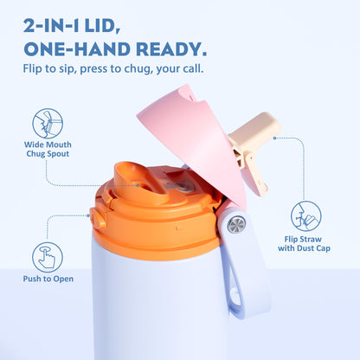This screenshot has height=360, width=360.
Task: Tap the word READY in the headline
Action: pyautogui.click(x=171, y=49)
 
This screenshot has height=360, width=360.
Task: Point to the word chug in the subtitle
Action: pyautogui.click(x=138, y=69)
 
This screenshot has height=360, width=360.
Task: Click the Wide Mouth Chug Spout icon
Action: pyautogui.click(x=48, y=124)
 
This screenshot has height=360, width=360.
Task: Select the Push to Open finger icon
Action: pyautogui.click(x=48, y=257)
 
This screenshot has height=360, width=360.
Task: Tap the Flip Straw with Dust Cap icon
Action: pyautogui.click(x=305, y=216)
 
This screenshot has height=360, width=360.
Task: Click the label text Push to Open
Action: pyautogui.click(x=48, y=279)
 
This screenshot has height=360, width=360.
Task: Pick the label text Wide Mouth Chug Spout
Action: pyautogui.click(x=48, y=149)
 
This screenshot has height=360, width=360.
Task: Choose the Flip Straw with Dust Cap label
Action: pyautogui.click(x=304, y=244)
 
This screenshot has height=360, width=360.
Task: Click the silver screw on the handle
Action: pyautogui.click(x=236, y=224)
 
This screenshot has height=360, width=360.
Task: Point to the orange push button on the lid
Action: pyautogui.click(x=97, y=218)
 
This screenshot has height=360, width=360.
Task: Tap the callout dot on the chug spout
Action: pyautogui.click(x=138, y=185)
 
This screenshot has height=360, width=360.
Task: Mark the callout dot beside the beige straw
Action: pyautogui.click(x=274, y=138)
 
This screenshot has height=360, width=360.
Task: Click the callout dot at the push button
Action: pyautogui.click(x=88, y=215)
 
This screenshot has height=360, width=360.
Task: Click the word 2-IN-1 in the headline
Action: pyautogui.click(x=52, y=27)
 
